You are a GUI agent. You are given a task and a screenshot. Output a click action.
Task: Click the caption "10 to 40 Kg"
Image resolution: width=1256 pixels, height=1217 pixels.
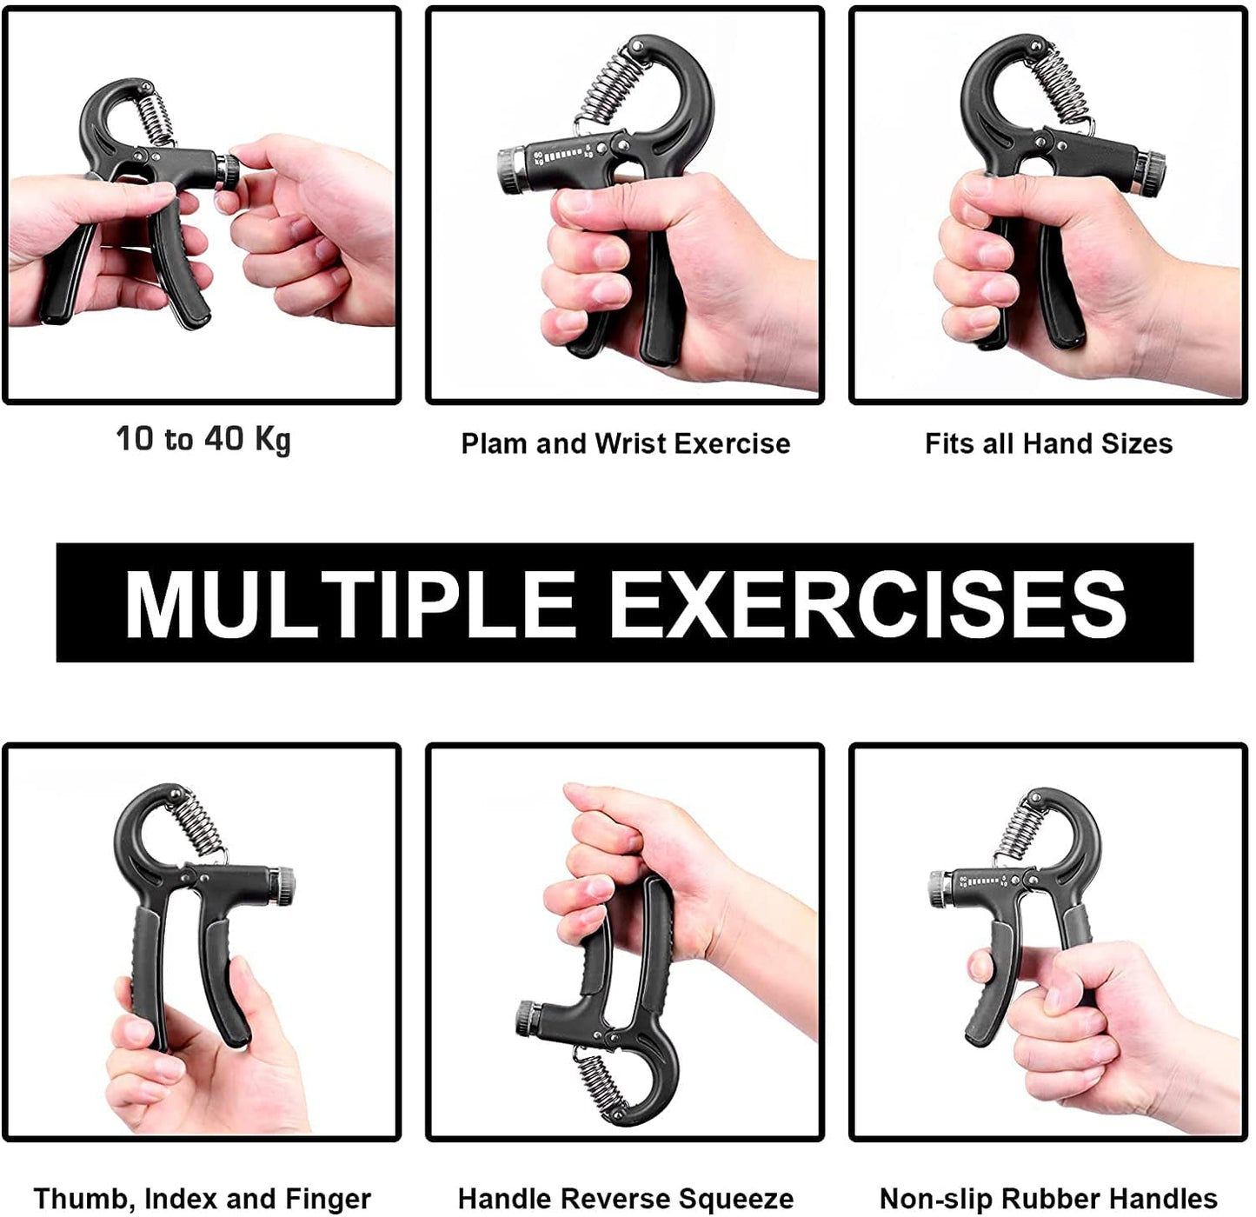pos(203,440)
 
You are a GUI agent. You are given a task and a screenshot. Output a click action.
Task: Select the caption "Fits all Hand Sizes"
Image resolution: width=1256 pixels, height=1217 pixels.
pos(1048,443)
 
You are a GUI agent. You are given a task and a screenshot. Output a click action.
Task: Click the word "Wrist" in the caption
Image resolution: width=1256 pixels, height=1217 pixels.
pos(628,443)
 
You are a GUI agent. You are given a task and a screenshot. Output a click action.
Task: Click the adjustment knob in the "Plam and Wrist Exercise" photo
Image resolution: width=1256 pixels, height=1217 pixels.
pos(510,170)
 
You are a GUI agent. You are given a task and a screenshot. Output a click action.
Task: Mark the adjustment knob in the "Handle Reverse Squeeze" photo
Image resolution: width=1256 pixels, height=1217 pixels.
pos(528,1019)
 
